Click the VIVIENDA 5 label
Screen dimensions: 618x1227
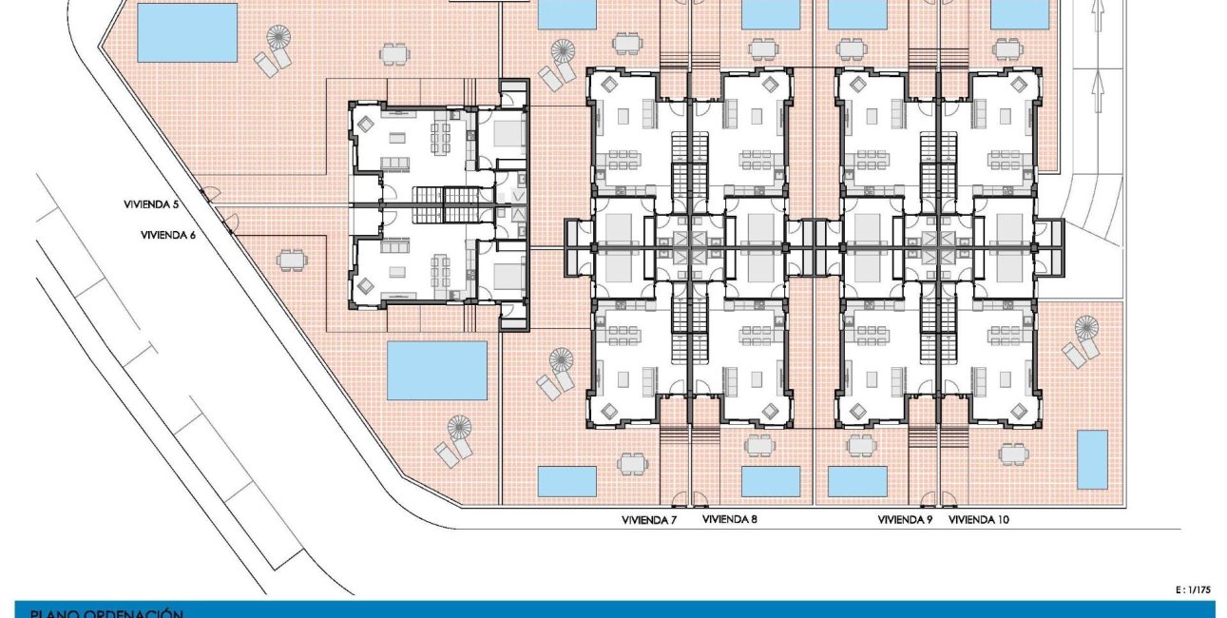pos(151,204)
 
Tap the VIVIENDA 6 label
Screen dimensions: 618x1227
pos(167,235)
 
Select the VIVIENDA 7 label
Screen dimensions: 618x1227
pos(649,520)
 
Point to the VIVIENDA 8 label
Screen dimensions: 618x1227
pos(729,520)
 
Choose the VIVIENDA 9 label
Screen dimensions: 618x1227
pos(905,520)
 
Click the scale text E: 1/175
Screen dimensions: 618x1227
pos(1193,590)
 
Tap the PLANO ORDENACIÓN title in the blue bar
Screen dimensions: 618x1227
pos(106,613)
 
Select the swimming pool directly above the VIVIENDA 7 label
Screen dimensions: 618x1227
pos(566,481)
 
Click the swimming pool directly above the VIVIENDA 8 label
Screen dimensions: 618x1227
pos(771,481)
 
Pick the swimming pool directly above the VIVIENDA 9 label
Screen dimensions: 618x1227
pos(857,481)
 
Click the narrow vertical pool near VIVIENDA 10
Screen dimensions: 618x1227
pos(1092,459)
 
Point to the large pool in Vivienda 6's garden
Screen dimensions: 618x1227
pos(437,371)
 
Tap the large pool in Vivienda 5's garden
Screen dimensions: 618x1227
pos(187,31)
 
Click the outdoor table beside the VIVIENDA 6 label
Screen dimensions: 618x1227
pos(293,259)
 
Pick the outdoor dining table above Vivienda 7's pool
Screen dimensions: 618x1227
pos(630,463)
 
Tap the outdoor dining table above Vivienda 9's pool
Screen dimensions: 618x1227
pos(860,444)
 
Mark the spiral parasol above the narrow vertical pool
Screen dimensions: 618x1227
pos(1086,329)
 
